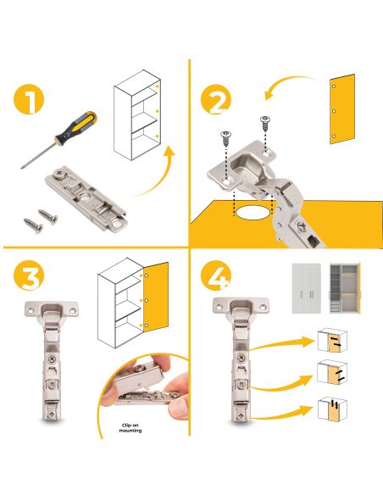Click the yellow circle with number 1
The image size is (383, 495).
coord(29,99)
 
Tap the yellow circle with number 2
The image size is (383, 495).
coord(216,99)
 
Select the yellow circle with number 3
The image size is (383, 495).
coord(29,275)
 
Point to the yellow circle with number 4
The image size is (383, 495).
coord(216,275)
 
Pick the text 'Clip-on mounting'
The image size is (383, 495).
coord(130,428)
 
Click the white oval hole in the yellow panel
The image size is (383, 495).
coord(253,213)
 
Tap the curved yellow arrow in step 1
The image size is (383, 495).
coord(157,177)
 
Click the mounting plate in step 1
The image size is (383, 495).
coord(86,199)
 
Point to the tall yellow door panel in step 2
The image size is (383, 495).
coord(342,109)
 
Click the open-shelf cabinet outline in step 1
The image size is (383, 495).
coord(137,115)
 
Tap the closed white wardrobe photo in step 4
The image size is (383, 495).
coord(307,288)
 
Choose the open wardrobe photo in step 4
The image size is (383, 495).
coord(345,288)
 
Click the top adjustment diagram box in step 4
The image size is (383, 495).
coord(332,341)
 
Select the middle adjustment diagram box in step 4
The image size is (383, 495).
coord(332,372)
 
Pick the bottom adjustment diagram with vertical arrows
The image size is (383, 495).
coord(332,409)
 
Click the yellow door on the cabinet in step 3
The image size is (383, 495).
coord(156,297)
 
